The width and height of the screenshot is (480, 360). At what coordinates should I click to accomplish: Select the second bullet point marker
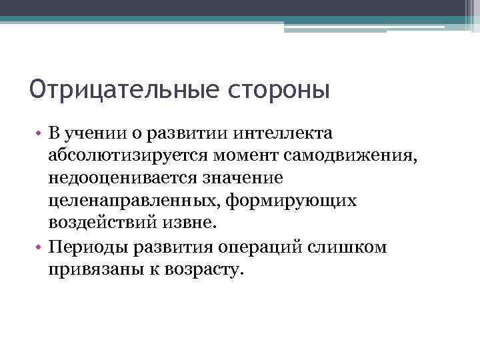39,248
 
